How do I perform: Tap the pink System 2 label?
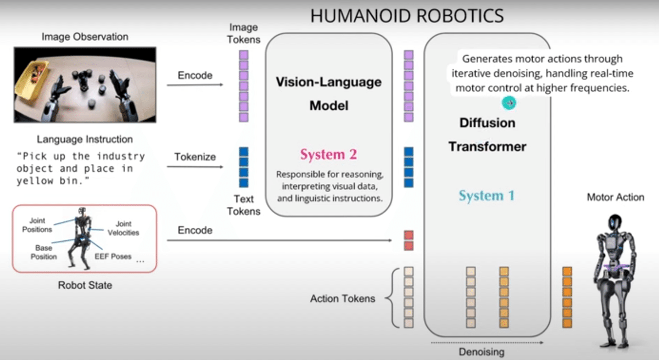point(328,155)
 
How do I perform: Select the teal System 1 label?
point(487,196)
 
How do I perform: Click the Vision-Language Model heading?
point(328,93)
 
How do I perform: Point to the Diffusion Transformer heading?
point(487,134)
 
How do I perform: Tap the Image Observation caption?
point(85,37)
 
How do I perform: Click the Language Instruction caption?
point(85,139)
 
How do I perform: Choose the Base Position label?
point(44,252)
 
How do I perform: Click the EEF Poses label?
point(113,256)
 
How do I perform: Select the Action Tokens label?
point(343,299)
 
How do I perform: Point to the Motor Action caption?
point(615,197)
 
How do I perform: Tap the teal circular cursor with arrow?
point(509,103)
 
